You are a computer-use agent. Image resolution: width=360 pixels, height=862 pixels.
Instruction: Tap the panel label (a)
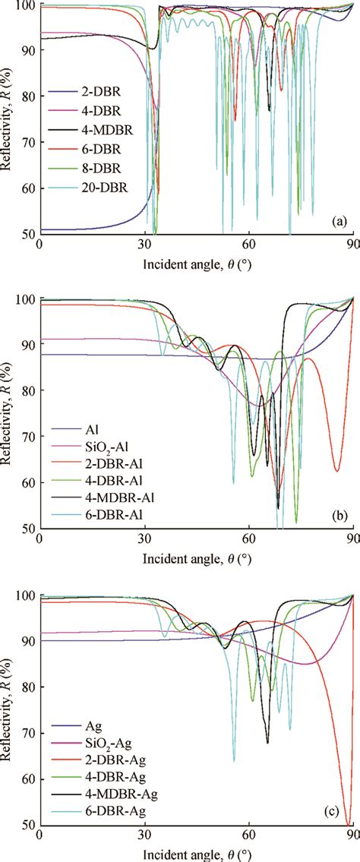pyautogui.click(x=339, y=222)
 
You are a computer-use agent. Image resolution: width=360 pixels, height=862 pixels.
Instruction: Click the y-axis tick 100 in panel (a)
pyautogui.click(x=26, y=5)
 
